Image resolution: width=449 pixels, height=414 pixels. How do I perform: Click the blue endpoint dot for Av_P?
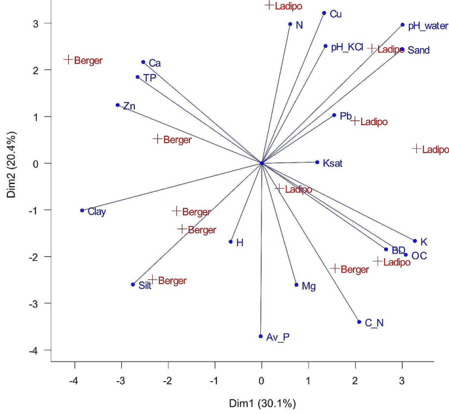(x=261, y=336)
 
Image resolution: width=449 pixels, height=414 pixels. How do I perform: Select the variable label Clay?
(x=96, y=212)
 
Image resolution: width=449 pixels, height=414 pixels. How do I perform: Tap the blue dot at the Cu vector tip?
(x=324, y=13)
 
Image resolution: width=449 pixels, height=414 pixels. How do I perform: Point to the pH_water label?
(x=427, y=26)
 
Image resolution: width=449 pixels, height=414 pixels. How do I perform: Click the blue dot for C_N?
(x=359, y=322)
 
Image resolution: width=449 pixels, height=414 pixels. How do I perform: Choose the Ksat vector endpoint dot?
(x=317, y=162)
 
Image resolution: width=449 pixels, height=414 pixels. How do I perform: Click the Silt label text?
(x=145, y=286)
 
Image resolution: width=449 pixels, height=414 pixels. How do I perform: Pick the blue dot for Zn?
(x=118, y=105)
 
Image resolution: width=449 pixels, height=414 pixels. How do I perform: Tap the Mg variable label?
(x=308, y=286)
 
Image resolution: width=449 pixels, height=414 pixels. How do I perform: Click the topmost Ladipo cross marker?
(x=269, y=5)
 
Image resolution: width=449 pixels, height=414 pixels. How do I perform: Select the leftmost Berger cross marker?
(x=68, y=60)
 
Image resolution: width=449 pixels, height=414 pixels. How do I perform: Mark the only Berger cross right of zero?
(x=335, y=269)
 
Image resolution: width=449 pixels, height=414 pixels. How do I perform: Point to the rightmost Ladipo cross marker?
(x=416, y=149)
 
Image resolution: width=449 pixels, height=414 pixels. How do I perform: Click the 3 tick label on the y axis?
(x=37, y=24)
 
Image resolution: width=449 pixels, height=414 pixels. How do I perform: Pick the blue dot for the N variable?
(x=290, y=24)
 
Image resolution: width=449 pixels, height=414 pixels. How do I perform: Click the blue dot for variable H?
(x=231, y=242)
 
